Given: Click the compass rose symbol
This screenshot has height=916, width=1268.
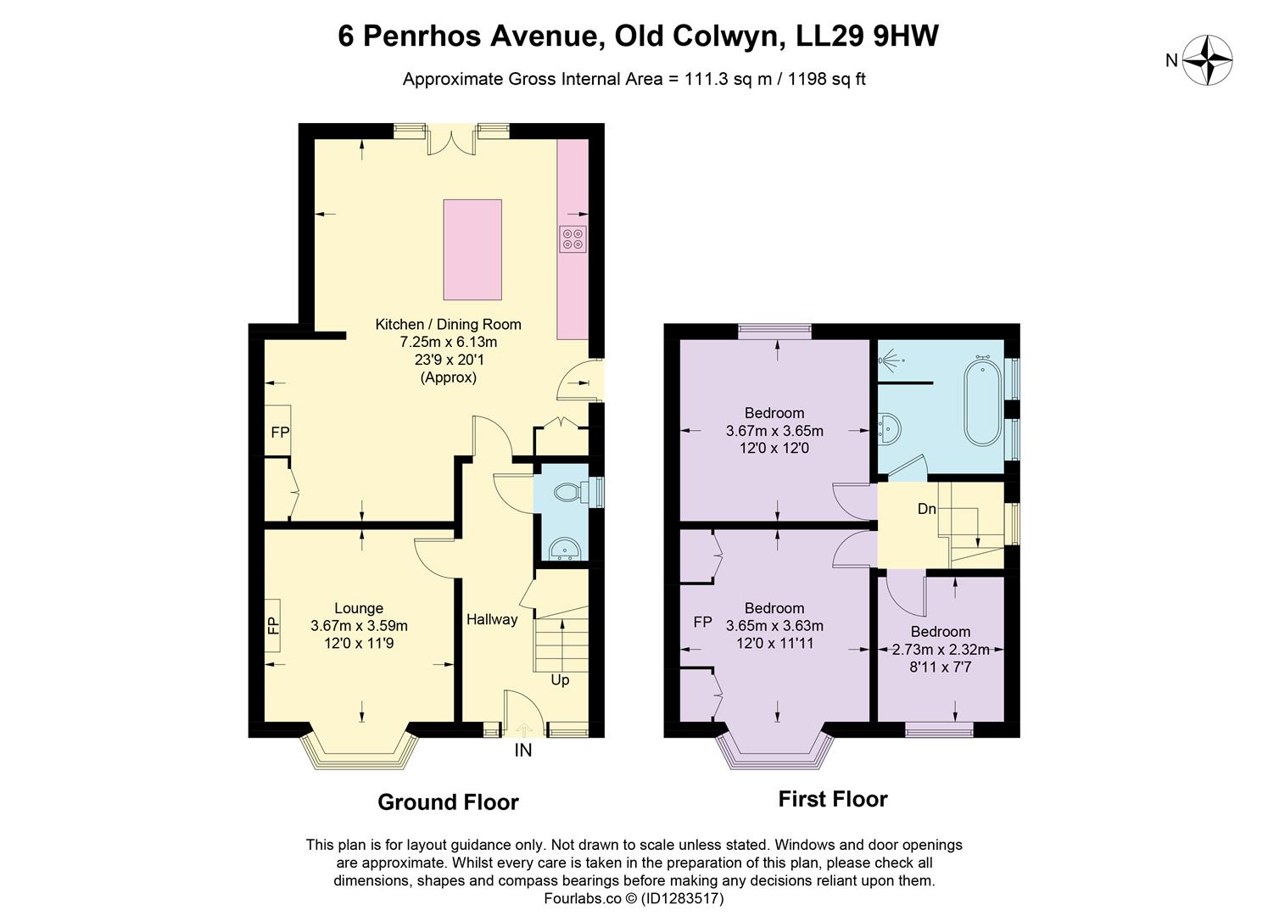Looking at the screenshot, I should coord(1207,60).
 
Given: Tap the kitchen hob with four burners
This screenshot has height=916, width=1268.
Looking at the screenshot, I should coord(572,239).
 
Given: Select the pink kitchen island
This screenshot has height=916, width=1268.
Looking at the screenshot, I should coord(472,249).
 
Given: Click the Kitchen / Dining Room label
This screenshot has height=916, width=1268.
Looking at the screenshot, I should coord(448,324).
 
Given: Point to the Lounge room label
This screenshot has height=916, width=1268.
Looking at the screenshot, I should coord(359,608).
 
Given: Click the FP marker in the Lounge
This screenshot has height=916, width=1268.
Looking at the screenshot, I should coord(273,626).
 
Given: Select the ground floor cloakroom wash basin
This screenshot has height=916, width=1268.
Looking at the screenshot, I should coord(562,550).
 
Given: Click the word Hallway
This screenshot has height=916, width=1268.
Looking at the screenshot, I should coord(491,619).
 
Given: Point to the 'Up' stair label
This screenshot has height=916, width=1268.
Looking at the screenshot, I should coord(560,679).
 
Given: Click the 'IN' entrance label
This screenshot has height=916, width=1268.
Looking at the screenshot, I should coord(523,750).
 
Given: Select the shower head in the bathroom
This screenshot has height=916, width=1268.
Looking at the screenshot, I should coord(886,362).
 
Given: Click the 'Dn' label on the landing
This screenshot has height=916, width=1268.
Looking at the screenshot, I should coord(926,509).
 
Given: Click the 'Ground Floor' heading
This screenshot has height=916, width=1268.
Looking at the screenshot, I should coord(448,801).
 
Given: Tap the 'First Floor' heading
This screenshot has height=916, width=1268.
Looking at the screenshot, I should coord(833,799).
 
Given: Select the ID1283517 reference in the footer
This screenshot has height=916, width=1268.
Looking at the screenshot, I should coord(683,897).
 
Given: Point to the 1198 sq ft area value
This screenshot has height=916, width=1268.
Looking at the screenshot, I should coord(827,79).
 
